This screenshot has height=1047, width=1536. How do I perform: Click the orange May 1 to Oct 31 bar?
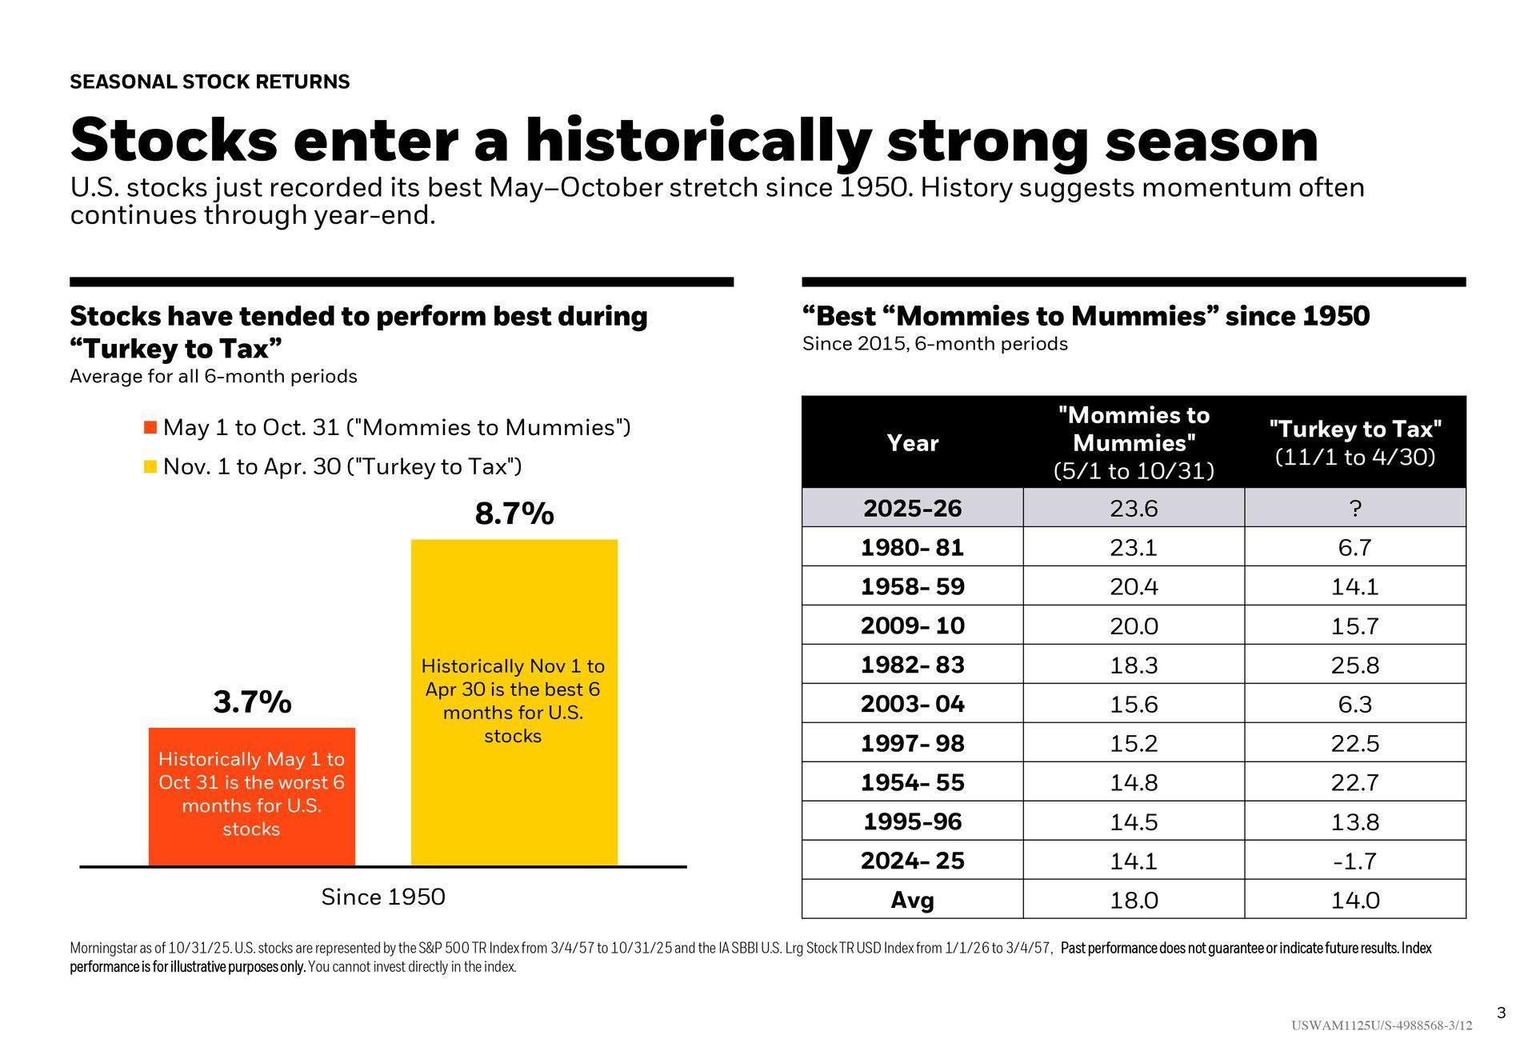[x=251, y=796]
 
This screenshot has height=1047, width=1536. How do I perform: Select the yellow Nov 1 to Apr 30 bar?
[x=514, y=701]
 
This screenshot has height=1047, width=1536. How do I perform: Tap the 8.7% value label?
[x=514, y=514]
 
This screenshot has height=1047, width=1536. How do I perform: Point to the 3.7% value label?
[x=252, y=702]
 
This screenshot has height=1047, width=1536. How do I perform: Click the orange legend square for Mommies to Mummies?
[x=150, y=427]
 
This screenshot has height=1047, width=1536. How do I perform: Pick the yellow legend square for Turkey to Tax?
[x=150, y=466]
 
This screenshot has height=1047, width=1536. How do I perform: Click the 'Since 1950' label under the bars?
[x=383, y=897]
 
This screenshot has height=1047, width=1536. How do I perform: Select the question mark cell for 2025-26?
[x=1354, y=508]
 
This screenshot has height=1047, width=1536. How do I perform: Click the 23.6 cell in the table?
[x=1134, y=508]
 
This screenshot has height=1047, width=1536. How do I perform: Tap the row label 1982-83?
[x=912, y=665]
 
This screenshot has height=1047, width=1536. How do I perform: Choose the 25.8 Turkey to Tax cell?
[x=1354, y=665]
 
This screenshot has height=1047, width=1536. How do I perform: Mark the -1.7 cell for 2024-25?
[x=1354, y=861]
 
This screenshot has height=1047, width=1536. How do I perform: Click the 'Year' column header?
[x=912, y=442]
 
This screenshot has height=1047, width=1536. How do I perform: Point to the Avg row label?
[x=912, y=900]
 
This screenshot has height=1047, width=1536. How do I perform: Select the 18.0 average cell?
[x=1134, y=900]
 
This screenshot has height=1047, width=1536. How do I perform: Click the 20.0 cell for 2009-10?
[x=1134, y=625]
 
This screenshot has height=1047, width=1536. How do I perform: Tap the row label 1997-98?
[x=912, y=743]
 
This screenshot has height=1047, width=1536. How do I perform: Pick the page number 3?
[x=1501, y=1013]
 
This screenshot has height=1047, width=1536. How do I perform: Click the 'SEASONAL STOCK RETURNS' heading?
[x=210, y=82]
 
